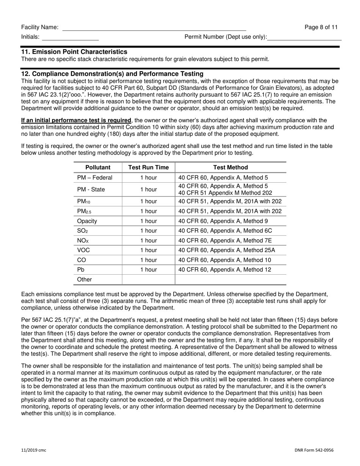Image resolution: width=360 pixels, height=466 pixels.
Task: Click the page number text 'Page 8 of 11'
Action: pos(321,27)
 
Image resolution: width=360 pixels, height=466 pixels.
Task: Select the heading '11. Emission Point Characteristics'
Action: pos(74,52)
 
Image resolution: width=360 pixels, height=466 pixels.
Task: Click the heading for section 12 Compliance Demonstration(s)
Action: pos(112,74)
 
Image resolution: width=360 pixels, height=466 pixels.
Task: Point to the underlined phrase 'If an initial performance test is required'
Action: pos(76,120)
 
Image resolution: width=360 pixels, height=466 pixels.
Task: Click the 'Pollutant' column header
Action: pos(98,167)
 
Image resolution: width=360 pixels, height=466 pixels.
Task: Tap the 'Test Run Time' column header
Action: pos(149,167)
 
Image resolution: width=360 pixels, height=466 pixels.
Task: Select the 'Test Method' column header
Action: pos(230,167)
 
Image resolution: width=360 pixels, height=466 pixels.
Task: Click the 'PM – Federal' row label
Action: pos(95,178)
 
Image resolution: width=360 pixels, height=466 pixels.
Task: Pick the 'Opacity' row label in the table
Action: pos(87,221)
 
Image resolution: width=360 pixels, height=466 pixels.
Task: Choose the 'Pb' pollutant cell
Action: pos(81,270)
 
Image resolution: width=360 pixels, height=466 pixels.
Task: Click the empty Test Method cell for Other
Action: pos(230,280)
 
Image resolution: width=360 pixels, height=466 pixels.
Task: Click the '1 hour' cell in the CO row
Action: pos(149,260)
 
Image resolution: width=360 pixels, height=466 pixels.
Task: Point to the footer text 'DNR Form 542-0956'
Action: pos(314,450)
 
